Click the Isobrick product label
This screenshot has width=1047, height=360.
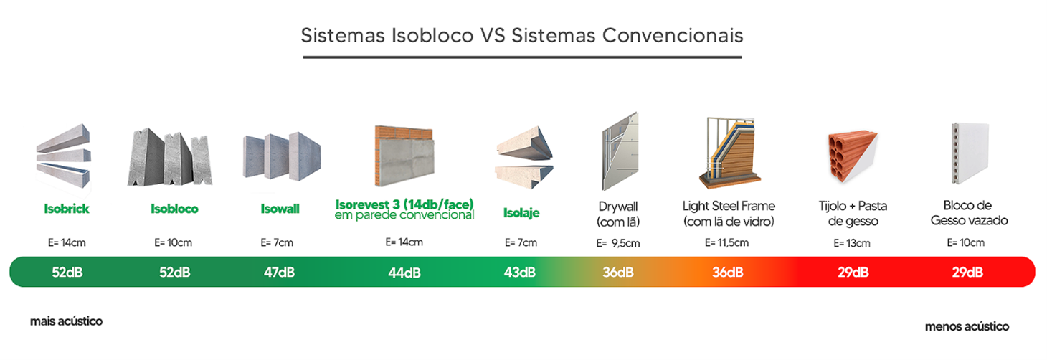67,209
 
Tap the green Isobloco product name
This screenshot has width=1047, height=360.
174,209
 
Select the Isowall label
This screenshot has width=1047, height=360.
280,209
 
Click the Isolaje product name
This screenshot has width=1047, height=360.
521,213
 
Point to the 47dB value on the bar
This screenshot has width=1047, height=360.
279,272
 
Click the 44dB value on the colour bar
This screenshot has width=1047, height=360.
404,273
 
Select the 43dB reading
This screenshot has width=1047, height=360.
519,272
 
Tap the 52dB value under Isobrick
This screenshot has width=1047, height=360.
67,272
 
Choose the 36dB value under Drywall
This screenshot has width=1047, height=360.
618,272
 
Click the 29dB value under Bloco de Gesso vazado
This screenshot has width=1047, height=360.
967,272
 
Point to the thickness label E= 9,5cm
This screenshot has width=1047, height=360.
618,243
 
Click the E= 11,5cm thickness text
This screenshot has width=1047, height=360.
727,242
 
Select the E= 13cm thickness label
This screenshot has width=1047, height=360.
852,243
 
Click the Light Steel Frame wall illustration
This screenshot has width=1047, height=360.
729,153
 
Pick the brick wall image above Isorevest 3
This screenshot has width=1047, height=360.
404,156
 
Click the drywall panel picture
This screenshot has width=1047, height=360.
620,151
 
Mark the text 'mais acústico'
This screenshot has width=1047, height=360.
67,321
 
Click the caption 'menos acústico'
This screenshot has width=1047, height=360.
967,326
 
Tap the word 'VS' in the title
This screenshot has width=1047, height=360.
493,36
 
